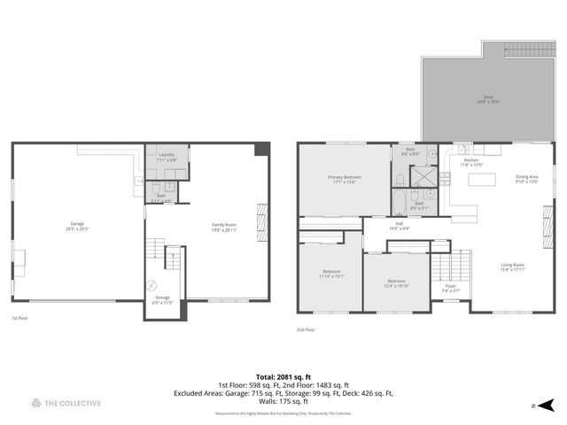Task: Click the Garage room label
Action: (78, 225)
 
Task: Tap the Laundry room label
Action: (167, 156)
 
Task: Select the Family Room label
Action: (223, 226)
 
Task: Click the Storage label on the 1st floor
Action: (161, 299)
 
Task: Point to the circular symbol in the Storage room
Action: (151, 285)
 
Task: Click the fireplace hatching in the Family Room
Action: (260, 217)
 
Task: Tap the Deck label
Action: (488, 99)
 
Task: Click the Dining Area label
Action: (527, 179)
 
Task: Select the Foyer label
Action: (450, 287)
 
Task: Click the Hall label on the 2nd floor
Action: (399, 226)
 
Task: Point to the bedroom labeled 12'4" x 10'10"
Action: (396, 282)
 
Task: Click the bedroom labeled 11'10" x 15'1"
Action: (330, 273)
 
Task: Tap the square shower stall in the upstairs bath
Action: (425, 174)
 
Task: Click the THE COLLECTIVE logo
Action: (66, 403)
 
